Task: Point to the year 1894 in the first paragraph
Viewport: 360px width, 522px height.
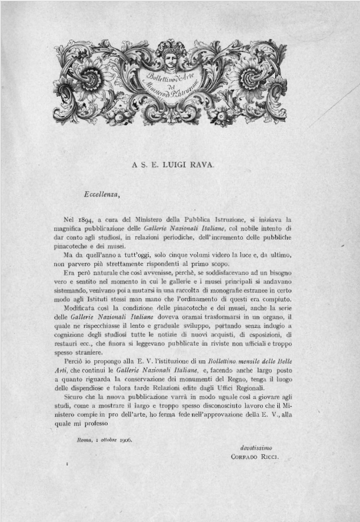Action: tap(86, 219)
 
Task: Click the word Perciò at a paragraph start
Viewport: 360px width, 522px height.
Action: tap(76, 361)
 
